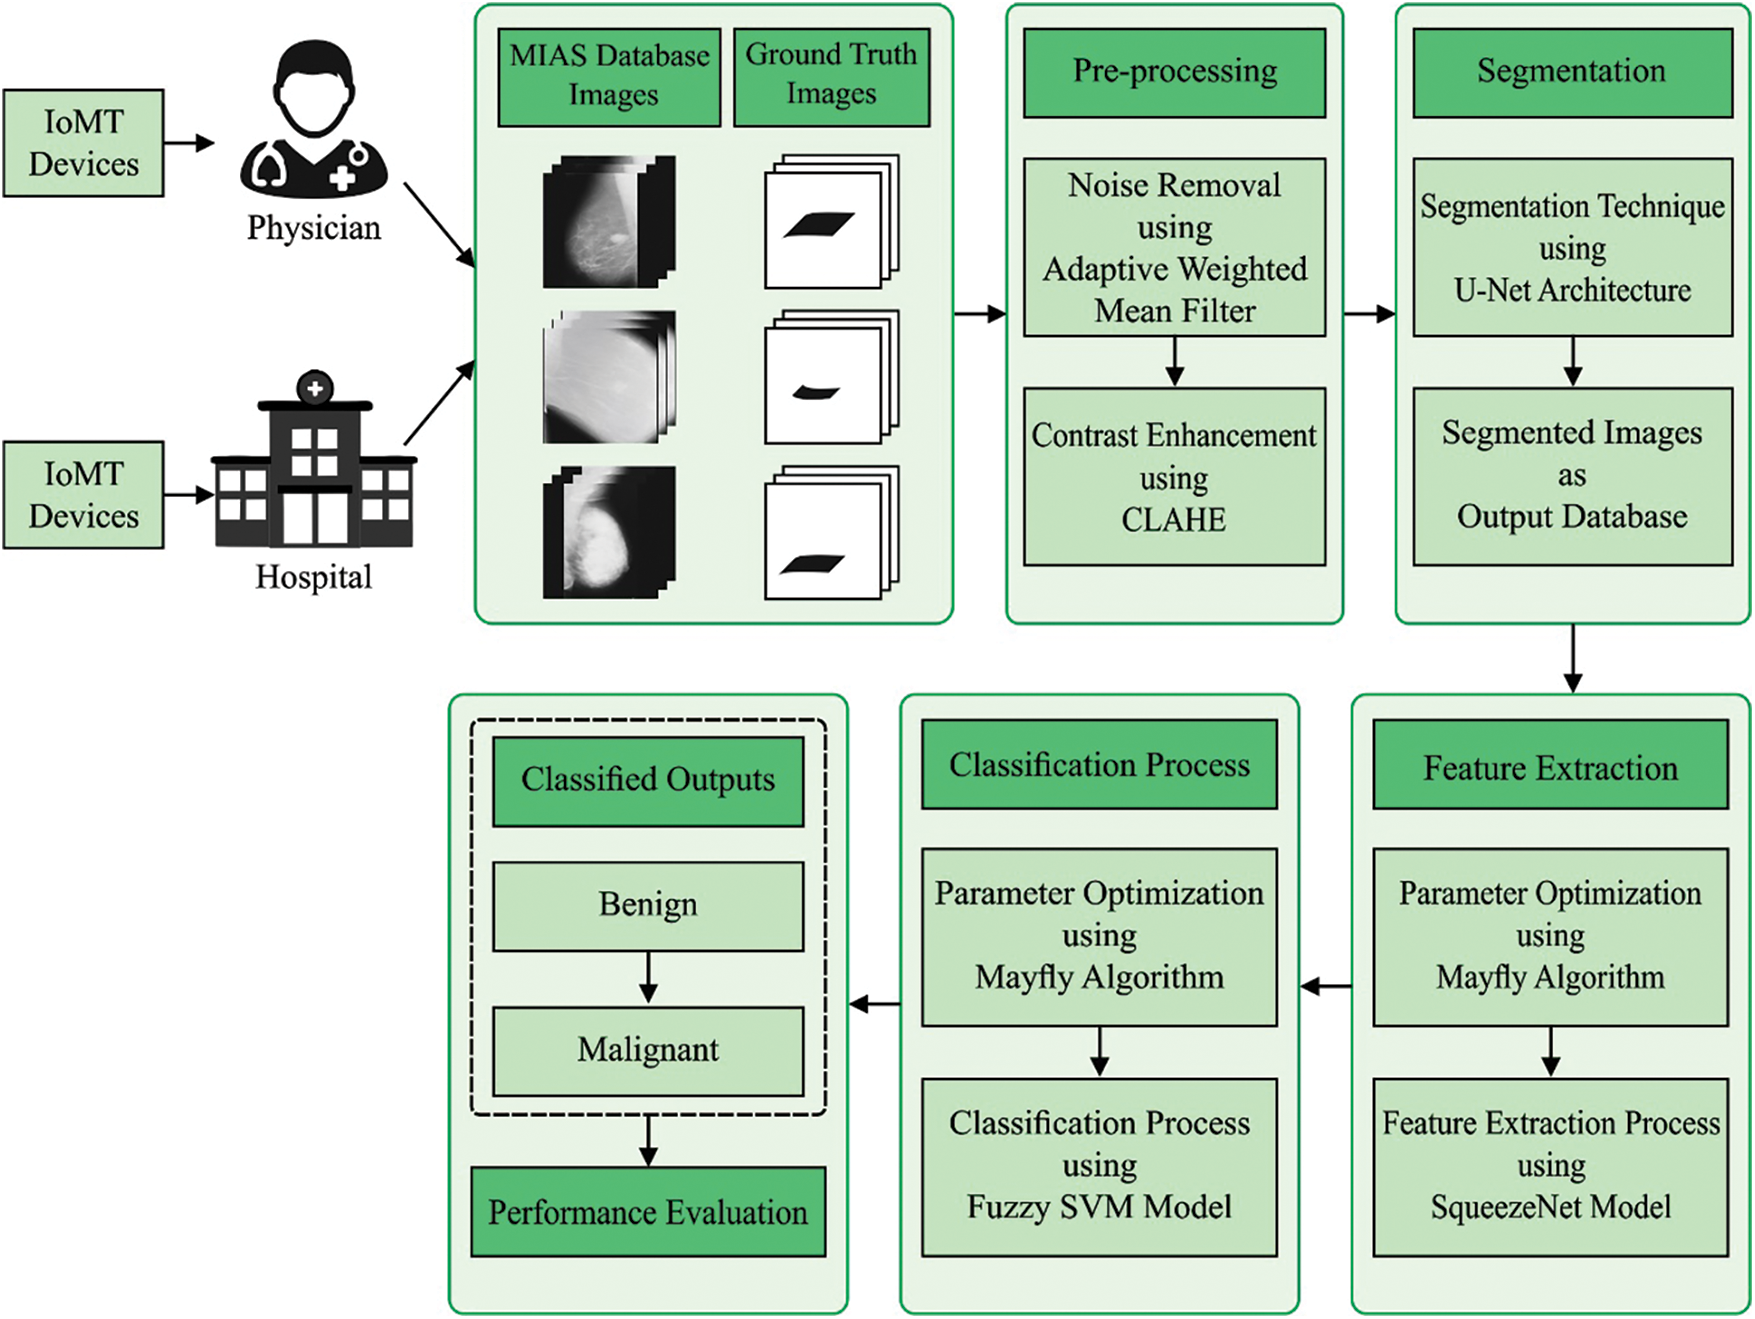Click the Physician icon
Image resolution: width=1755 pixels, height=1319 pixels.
[314, 120]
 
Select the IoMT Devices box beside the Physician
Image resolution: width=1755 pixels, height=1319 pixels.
[84, 143]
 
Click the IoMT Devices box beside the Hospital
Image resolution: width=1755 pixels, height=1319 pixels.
[84, 495]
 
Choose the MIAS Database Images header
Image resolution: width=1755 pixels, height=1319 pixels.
[609, 76]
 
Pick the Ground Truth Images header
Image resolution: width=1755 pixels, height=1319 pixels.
[831, 76]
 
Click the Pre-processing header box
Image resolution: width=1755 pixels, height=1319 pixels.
[1174, 72]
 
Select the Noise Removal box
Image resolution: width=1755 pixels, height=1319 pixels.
[1174, 247]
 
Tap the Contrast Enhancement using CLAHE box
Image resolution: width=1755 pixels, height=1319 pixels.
[1174, 477]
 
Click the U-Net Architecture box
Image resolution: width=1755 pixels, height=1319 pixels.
[1572, 247]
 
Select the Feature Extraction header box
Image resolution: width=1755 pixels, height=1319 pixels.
[1550, 766]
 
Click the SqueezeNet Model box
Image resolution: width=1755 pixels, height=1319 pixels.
[1550, 1166]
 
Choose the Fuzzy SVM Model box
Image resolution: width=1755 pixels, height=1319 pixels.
[1099, 1166]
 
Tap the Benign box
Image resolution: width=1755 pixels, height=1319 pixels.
[648, 905]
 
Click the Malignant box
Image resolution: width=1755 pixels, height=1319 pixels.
[648, 1050]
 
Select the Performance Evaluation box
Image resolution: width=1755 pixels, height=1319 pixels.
[648, 1212]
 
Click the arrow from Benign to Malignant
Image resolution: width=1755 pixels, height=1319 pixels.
[648, 977]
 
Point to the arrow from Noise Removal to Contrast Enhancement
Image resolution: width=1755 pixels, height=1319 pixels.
[1175, 361]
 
